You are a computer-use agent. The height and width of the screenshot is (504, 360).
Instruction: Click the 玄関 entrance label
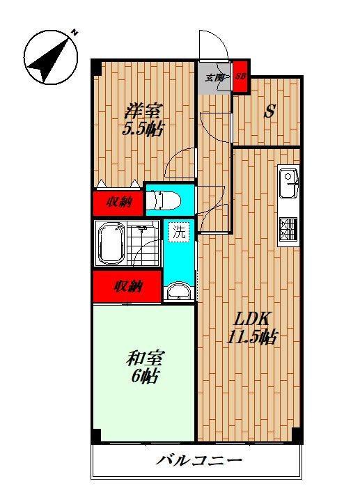point(214,77)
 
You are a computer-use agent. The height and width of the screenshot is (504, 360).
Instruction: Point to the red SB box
point(241,76)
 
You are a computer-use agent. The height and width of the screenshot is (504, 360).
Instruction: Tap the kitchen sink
point(288,183)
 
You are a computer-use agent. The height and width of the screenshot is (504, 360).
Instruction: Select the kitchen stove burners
point(288,230)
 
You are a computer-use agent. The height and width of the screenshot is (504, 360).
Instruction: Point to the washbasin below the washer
point(179,292)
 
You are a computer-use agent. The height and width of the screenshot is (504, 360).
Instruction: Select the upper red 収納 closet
point(118,203)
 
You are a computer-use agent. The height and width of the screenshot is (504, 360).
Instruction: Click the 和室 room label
point(144,359)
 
